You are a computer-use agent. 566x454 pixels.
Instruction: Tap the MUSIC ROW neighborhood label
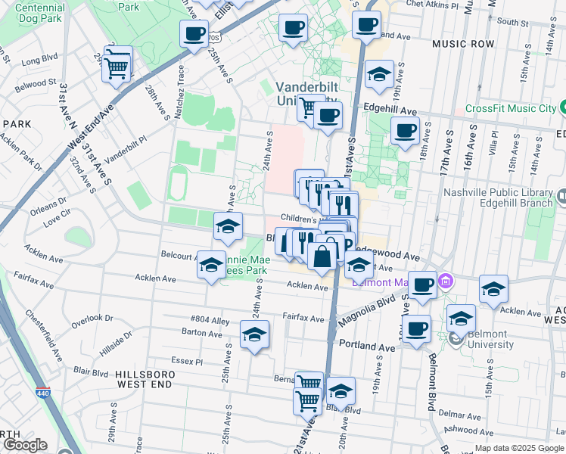[462, 45]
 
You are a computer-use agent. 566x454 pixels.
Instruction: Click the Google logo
[24, 445]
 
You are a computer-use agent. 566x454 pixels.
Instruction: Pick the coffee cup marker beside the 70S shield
[194, 34]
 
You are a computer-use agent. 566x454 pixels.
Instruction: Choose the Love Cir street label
[56, 222]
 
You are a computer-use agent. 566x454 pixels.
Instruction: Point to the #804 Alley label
[210, 321]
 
